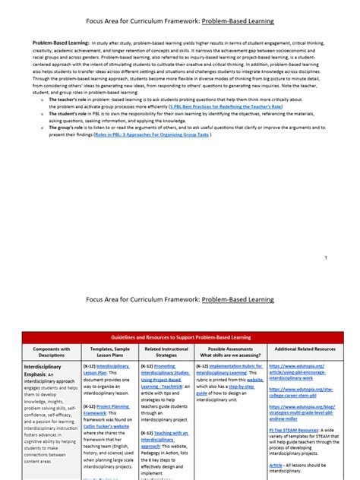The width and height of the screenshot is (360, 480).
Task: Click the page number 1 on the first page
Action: tap(325, 257)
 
